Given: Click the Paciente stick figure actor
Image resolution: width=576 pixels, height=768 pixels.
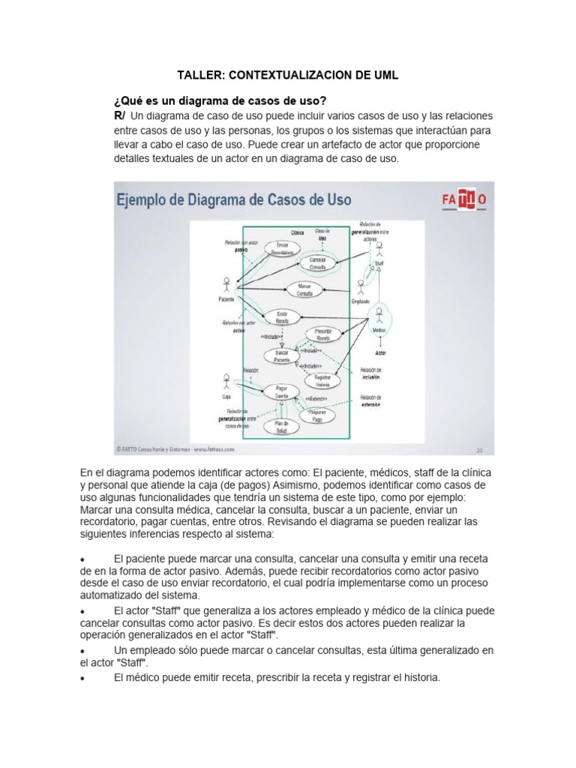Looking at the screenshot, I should [x=226, y=284].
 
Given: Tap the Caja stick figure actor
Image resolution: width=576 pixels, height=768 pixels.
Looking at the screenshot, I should [x=226, y=380].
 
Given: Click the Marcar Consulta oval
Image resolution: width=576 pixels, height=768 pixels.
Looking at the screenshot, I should [x=304, y=289].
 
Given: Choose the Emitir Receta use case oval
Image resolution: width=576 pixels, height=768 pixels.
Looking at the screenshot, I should [x=282, y=316].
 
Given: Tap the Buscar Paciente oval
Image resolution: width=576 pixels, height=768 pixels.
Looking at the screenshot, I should [x=281, y=355].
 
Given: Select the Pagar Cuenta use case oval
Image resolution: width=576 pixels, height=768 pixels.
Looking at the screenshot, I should [x=281, y=391].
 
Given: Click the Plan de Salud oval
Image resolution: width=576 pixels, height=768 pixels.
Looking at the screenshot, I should [x=281, y=427].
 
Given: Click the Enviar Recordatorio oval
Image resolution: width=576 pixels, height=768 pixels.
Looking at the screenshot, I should [x=283, y=248].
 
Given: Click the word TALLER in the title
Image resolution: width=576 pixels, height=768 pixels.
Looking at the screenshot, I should [x=197, y=76].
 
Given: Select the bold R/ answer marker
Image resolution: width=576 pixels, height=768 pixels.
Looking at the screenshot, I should [x=119, y=115].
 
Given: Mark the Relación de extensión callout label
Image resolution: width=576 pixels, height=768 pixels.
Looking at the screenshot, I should [x=370, y=400].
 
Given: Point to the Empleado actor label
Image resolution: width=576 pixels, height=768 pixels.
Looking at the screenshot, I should [x=360, y=301].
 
